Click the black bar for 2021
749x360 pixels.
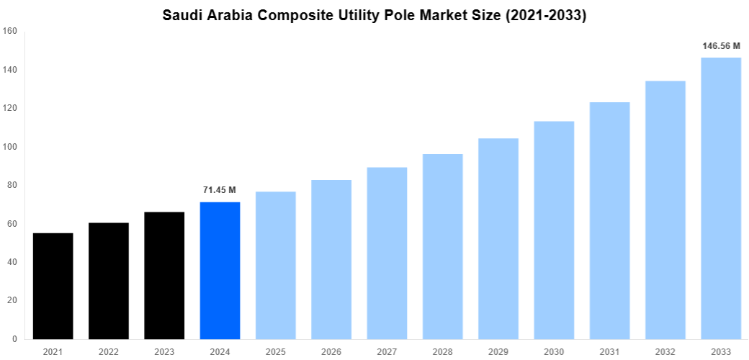(x=53, y=286)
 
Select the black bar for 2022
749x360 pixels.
(x=109, y=281)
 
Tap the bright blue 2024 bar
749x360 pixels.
(x=220, y=270)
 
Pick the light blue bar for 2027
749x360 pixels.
(x=387, y=253)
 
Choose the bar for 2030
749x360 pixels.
(x=554, y=230)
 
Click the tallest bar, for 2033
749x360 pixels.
(x=721, y=198)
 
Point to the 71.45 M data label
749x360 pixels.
(x=220, y=190)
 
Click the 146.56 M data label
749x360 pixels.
(x=721, y=46)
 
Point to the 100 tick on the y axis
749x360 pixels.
(x=10, y=147)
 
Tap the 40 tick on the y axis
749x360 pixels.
(x=12, y=262)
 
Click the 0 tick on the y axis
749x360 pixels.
(x=14, y=339)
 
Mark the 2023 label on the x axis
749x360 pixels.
(x=164, y=351)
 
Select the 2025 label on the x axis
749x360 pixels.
(x=276, y=351)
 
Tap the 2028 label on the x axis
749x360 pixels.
(x=443, y=351)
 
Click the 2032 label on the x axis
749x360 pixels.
(x=665, y=351)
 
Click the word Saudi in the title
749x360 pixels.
(x=183, y=15)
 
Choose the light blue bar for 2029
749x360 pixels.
(x=498, y=238)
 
